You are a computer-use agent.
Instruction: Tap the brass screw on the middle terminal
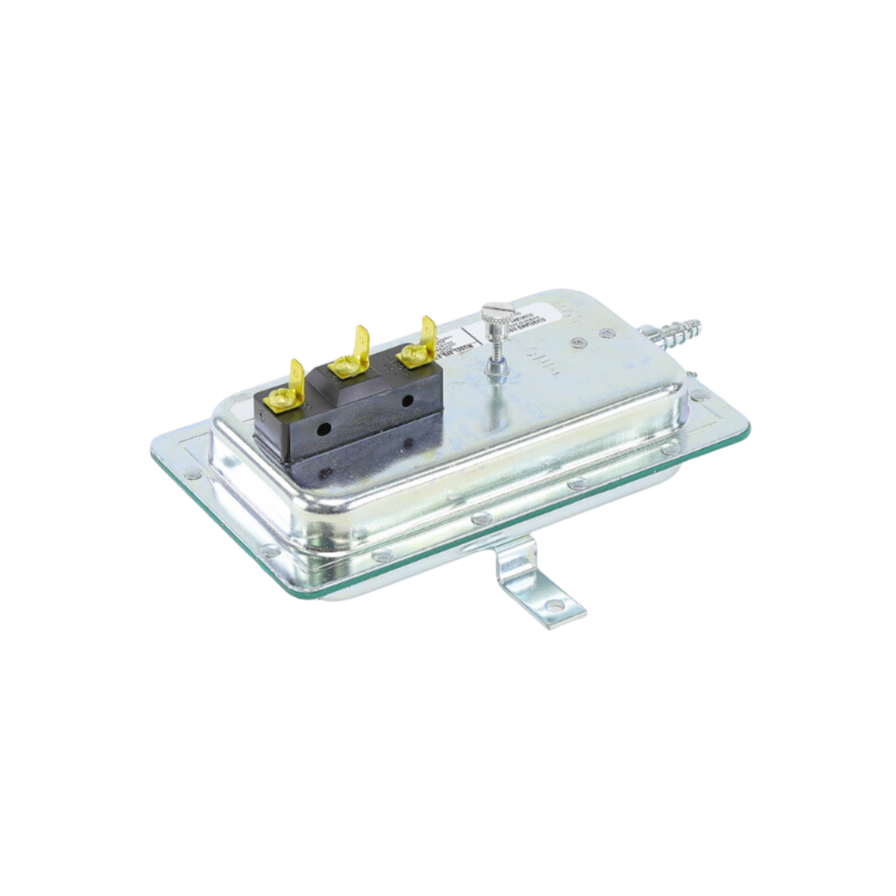click(342, 363)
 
